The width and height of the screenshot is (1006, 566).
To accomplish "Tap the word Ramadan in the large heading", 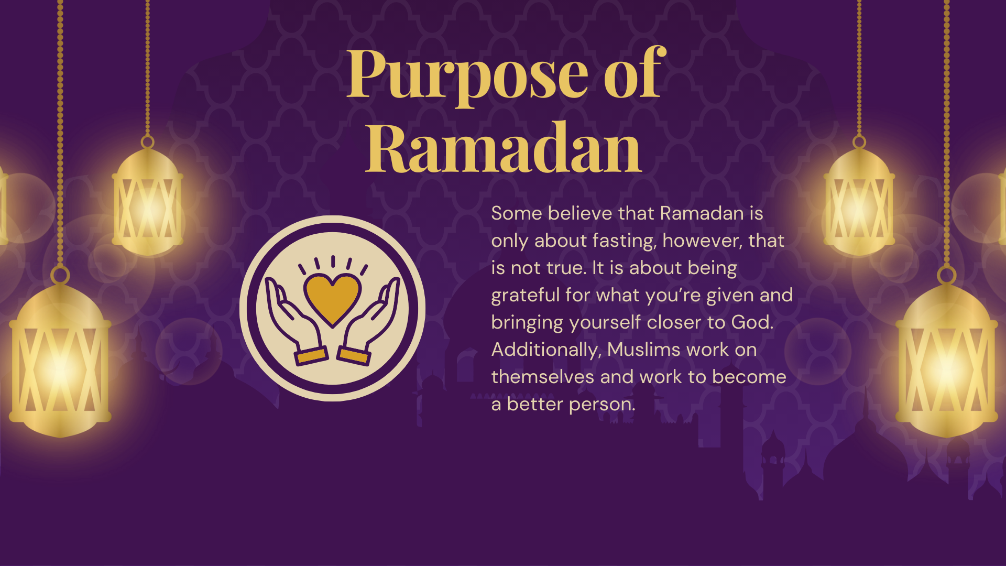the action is [504, 148].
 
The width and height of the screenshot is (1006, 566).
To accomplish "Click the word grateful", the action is [526, 296].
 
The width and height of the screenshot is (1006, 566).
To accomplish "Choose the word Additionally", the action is [546, 350].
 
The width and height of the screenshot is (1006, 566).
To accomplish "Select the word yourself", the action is [605, 323].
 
